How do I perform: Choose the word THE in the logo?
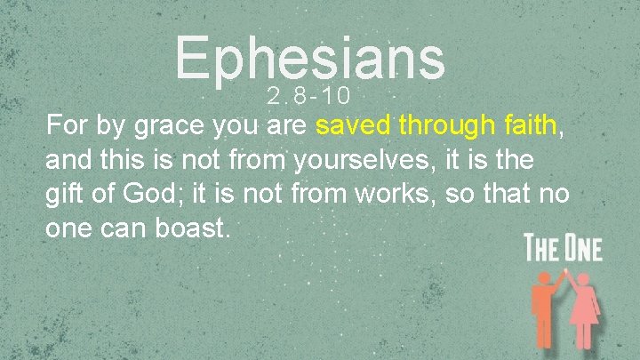pyautogui.click(x=541, y=248)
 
